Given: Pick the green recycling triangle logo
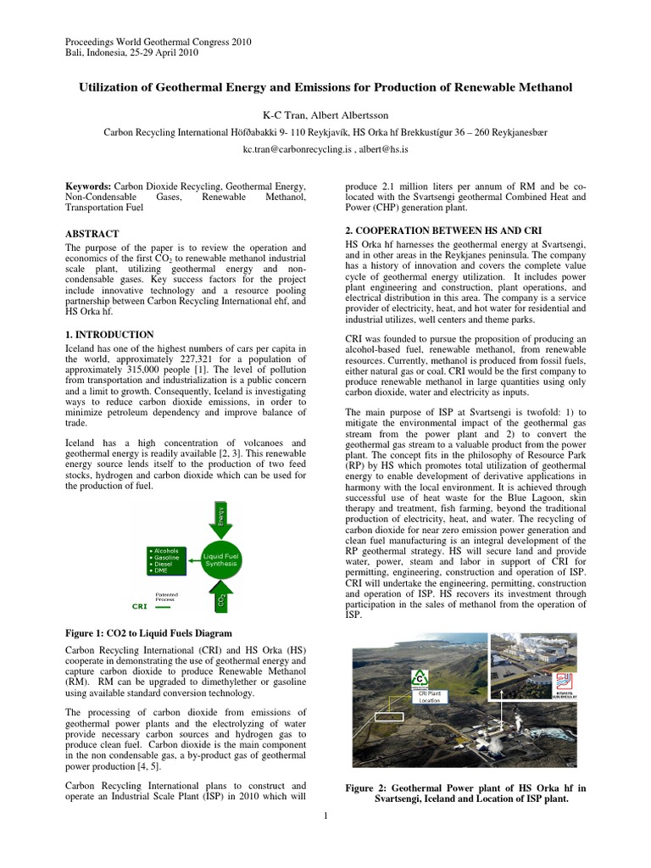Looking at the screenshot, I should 419,679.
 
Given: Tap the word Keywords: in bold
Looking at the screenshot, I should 89,186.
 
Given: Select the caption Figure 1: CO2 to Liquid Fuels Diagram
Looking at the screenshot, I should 148,633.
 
